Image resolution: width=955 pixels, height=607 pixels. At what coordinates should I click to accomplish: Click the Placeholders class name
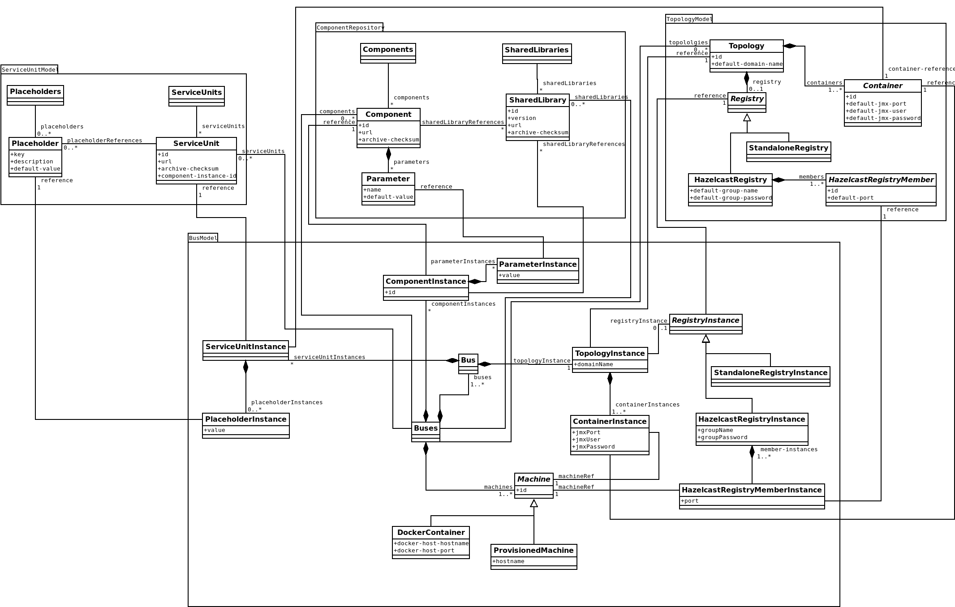point(35,92)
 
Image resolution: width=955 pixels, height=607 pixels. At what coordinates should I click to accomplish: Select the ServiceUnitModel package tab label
point(30,69)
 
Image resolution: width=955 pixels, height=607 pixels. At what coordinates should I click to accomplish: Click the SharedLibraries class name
point(537,50)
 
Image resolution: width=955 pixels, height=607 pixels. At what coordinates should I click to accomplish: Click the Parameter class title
point(388,179)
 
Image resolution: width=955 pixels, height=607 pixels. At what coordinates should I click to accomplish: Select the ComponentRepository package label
point(350,28)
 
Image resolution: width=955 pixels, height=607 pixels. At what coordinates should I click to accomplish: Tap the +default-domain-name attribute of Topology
point(747,64)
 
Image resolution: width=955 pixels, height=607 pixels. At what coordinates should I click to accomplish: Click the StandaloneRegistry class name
point(788,148)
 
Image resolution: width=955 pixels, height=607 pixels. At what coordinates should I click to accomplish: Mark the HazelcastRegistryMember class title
point(881,180)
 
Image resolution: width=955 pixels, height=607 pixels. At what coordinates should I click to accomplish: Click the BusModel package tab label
point(203,238)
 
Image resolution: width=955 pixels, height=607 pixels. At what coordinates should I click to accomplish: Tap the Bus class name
point(468,360)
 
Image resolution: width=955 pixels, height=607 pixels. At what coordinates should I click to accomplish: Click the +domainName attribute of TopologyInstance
point(594,364)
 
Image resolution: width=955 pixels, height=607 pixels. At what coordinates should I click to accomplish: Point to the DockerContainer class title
point(431,533)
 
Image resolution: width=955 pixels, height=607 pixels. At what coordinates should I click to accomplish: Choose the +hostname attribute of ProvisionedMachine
point(508,561)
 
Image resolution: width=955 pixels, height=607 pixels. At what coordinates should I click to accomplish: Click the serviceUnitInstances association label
point(329,357)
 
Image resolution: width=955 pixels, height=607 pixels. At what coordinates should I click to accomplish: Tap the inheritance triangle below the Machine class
point(533,504)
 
